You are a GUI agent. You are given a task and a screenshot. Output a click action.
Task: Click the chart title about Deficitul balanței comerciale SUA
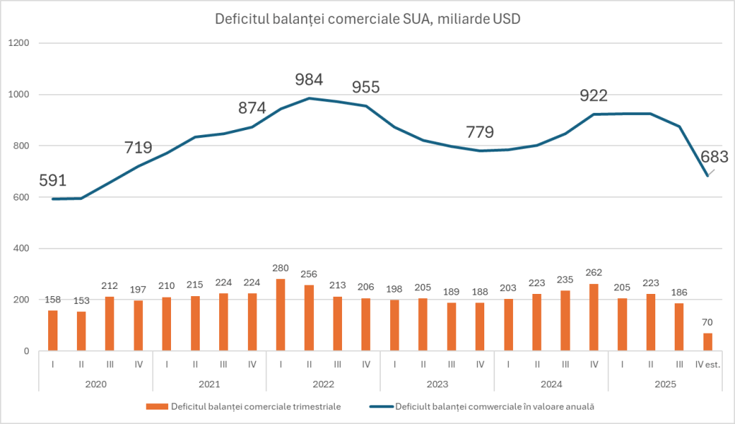[x=368, y=19]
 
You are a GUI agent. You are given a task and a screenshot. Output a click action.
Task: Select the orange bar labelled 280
[x=280, y=315]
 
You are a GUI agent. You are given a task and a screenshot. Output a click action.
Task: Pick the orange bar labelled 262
[x=593, y=318]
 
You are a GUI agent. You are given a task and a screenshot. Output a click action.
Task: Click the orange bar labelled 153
[x=80, y=331]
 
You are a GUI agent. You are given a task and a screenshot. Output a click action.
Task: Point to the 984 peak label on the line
[x=309, y=80]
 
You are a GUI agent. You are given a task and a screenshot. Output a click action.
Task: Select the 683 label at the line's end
[x=715, y=157]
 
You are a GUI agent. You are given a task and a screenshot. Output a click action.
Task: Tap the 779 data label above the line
[x=480, y=132]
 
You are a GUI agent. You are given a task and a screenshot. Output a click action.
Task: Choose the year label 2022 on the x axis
[x=323, y=384]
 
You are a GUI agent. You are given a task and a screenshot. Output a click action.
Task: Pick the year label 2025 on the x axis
[x=665, y=384]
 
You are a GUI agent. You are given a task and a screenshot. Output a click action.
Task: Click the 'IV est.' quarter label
[x=708, y=364]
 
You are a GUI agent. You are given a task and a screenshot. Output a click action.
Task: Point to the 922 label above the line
[x=593, y=96]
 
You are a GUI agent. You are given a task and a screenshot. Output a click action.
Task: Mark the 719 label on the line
[x=138, y=148]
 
